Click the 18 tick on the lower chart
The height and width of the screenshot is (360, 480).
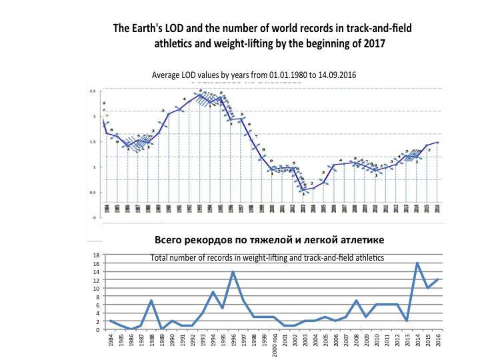click(x=96, y=255)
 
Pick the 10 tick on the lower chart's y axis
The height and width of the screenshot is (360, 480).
click(x=96, y=289)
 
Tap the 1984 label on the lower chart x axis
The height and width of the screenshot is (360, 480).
click(x=109, y=341)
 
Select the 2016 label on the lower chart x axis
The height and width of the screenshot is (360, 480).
click(x=437, y=341)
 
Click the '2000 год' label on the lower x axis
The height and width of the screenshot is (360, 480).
click(x=273, y=345)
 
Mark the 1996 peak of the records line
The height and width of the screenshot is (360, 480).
click(x=233, y=272)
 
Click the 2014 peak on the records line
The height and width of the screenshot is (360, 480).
click(x=417, y=263)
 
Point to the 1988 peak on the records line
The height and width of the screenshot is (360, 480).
click(x=151, y=301)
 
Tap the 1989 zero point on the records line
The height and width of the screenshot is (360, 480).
click(x=161, y=329)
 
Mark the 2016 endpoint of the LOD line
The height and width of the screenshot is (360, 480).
click(x=437, y=142)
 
